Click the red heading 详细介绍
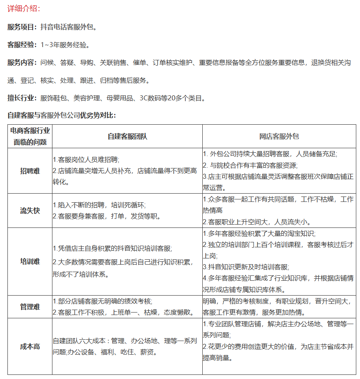pos(24,9)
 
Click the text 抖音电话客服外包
pos(69,27)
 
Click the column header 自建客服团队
pos(127,136)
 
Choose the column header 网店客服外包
pos(279,136)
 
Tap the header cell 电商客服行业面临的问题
pos(30,136)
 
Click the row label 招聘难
pos(30,171)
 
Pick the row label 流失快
pos(30,211)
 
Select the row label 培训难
pos(30,261)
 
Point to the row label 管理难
pos(30,307)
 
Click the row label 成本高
pos(30,347)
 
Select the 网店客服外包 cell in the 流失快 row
pos(279,211)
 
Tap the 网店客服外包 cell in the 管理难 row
pos(279,307)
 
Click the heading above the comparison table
pos(62,115)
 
